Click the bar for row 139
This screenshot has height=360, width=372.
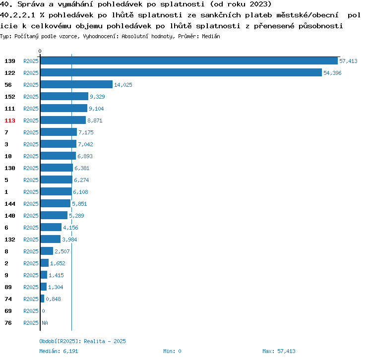pos(188,61)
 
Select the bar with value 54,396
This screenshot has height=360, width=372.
pos(181,73)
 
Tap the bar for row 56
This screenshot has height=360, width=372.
pos(76,85)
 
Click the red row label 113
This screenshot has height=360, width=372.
pos(10,120)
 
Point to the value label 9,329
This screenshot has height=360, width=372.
pos(97,97)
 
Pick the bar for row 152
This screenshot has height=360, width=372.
pos(64,97)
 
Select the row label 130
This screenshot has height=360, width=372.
pos(10,168)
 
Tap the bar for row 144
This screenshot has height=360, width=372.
pos(55,204)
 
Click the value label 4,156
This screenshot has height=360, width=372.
pos(70,228)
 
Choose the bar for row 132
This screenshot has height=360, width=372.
pos(50,240)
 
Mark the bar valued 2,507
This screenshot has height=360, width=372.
pos(47,251)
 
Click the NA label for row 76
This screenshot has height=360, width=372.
pos(45,323)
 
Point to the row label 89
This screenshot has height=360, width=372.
pos(8,287)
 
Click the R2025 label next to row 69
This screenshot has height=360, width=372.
pos(31,311)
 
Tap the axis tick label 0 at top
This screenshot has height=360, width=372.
pos(40,51)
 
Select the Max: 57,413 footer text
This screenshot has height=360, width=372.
pos(279,351)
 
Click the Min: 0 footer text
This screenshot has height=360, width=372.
pos(172,351)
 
